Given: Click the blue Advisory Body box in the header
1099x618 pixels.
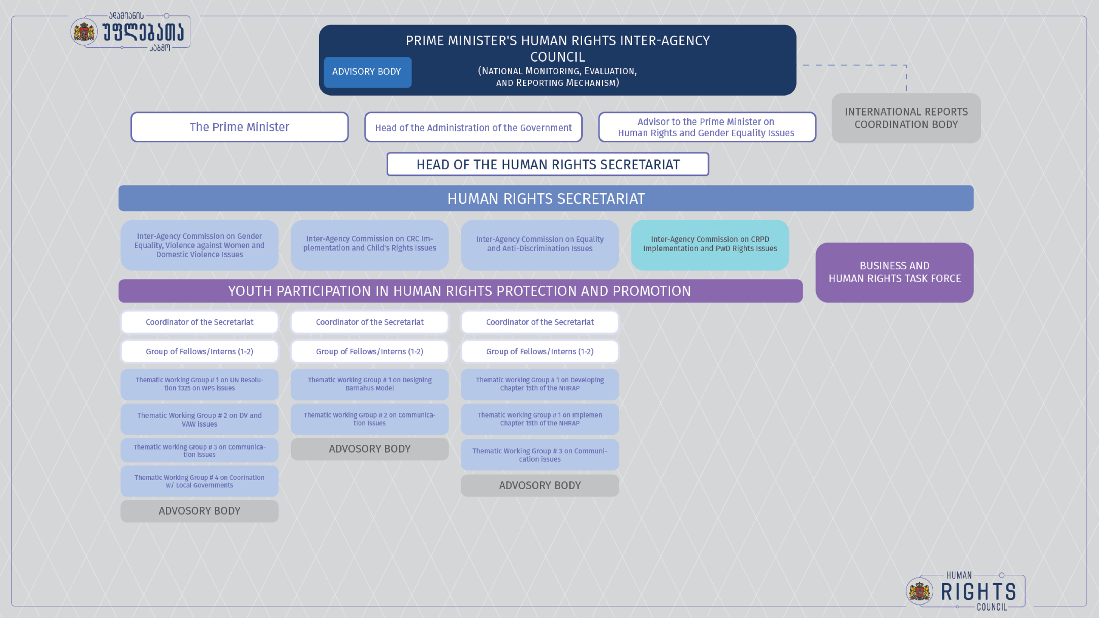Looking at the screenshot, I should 367,72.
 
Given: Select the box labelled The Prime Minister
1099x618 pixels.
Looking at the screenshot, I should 239,127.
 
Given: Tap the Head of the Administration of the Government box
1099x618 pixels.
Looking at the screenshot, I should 473,127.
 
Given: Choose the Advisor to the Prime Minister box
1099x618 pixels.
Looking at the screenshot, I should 707,127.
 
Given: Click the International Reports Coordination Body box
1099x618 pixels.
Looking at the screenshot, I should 906,118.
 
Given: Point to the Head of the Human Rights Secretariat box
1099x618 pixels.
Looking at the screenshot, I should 548,164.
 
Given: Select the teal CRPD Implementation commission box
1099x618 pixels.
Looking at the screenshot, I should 710,245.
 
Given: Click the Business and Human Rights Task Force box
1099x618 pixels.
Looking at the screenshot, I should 894,272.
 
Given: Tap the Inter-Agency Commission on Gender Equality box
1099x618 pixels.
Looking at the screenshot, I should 199,245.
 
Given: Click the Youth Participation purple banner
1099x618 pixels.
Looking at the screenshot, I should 460,291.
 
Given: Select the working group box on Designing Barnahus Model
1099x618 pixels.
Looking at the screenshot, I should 369,384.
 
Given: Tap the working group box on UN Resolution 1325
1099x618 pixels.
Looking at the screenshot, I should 199,384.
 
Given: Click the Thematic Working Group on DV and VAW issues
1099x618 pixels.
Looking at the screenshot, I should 199,419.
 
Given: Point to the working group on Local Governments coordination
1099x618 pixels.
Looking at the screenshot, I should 199,481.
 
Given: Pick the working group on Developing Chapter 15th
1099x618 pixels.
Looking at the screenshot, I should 540,384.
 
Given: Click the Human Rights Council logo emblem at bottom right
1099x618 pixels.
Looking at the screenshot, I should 919,591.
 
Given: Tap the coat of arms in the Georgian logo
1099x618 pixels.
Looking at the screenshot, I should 84,32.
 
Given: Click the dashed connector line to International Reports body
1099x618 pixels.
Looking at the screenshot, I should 853,65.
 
